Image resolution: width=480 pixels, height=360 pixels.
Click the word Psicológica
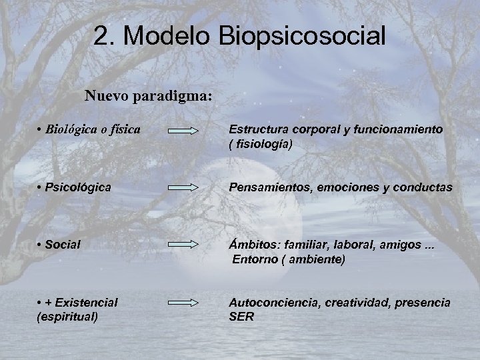(79, 189)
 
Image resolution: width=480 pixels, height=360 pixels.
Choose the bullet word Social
(63, 245)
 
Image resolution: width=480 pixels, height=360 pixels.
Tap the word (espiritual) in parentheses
(67, 317)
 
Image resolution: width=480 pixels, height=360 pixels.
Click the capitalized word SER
(241, 317)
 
